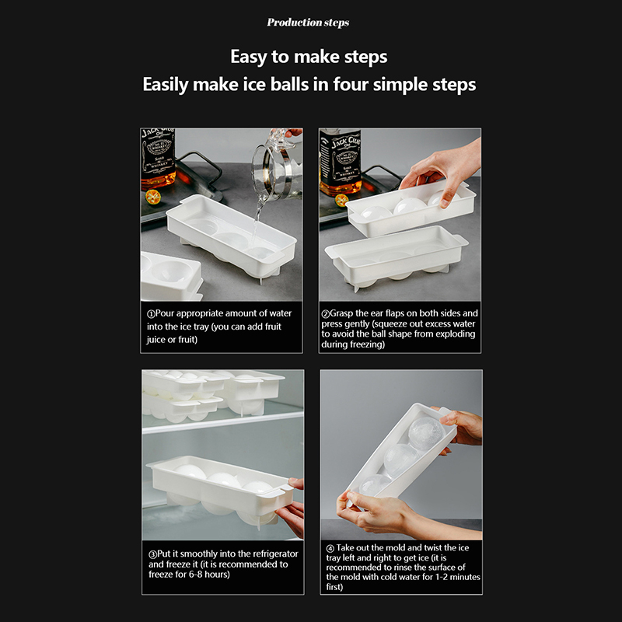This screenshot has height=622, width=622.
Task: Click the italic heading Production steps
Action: [308, 23]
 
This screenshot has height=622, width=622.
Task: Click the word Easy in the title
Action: [249, 57]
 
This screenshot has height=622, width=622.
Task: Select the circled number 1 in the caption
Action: [151, 314]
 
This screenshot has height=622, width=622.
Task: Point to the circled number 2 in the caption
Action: [325, 314]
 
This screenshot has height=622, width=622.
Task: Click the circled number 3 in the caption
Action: [152, 554]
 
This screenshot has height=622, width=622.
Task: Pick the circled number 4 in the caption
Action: [330, 549]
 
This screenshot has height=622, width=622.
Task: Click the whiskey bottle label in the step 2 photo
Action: [341, 159]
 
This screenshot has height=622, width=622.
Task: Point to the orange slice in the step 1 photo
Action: [152, 197]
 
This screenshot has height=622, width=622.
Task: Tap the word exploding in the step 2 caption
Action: [456, 334]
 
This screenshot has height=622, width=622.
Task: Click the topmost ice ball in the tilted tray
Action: [426, 434]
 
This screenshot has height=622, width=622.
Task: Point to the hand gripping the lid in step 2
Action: [441, 170]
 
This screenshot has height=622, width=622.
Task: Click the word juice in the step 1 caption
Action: [156, 340]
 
